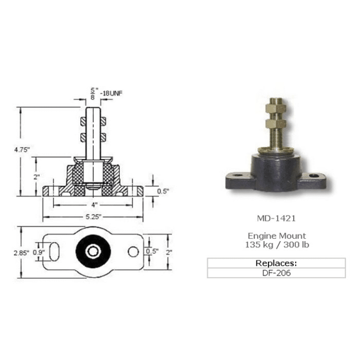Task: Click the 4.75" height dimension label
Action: [x=22, y=150]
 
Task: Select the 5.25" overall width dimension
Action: [x=94, y=217]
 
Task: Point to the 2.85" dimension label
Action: [x=21, y=253]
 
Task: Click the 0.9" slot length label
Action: [x=39, y=253]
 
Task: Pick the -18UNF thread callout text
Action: [x=111, y=94]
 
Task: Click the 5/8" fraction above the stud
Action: [x=94, y=94]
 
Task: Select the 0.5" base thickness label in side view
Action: [x=163, y=191]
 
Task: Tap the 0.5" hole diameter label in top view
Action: [x=153, y=251]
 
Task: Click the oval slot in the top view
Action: [x=54, y=252]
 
